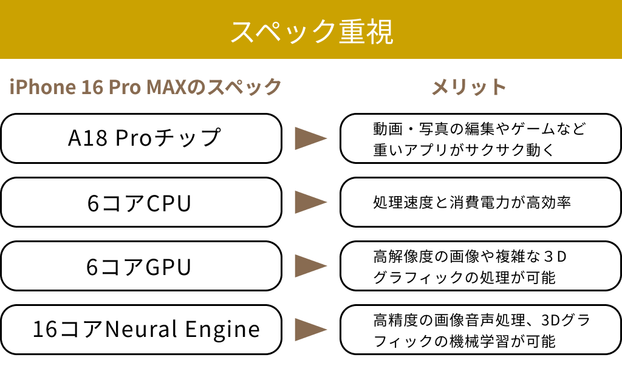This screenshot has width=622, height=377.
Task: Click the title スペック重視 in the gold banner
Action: (312, 32)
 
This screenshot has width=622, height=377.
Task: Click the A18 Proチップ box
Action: (141, 138)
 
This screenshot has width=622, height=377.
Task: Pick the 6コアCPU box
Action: (141, 202)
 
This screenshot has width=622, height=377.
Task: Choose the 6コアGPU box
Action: (141, 266)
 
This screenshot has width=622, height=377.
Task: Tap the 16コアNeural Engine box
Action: (141, 330)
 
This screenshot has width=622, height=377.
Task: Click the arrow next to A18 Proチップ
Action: (310, 138)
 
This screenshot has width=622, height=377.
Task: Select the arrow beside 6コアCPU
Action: (310, 202)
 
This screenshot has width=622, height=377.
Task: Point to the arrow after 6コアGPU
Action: (310, 266)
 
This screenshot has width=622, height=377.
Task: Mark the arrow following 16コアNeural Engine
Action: (310, 330)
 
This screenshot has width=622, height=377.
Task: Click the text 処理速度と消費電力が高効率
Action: (471, 203)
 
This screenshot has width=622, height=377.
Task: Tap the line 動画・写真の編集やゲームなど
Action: (479, 129)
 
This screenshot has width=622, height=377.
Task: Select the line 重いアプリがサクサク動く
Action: (463, 150)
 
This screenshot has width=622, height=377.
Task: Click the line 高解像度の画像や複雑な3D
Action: (470, 256)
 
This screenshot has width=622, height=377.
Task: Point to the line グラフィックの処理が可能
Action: (464, 277)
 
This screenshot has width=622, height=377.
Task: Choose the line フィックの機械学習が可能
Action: (464, 341)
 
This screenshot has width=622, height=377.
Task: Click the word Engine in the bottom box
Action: (222, 330)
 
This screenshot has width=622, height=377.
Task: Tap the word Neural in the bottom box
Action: (141, 329)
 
